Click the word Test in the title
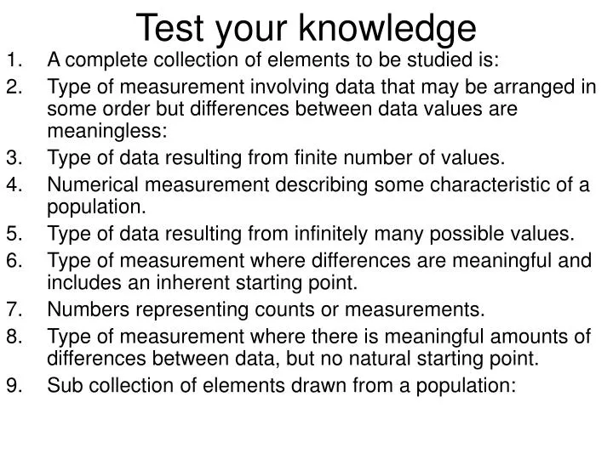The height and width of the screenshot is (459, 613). point(169,27)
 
